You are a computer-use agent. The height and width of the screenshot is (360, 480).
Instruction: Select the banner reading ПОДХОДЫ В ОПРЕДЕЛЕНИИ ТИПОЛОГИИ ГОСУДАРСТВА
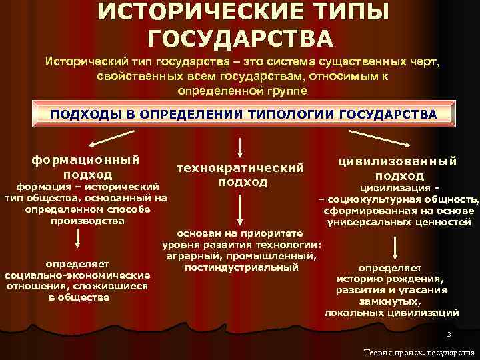[243, 115]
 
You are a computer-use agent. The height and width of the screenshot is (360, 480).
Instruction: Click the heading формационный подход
[85, 167]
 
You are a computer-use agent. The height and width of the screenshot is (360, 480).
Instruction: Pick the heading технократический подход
[239, 174]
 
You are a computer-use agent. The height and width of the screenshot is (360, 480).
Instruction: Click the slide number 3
[449, 335]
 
